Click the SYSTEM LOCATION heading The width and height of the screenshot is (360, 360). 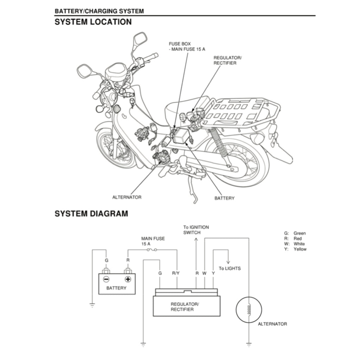(93, 22)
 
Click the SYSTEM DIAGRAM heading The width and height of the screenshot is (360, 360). (91, 213)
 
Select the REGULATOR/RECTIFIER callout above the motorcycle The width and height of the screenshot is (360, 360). (227, 60)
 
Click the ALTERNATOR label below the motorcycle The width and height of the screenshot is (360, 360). (127, 197)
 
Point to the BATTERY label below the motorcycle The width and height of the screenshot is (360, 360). (224, 198)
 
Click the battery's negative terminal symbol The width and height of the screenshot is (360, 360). (106, 279)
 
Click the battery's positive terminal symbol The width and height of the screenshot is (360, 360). (128, 279)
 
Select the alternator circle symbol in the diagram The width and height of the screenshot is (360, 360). (249, 309)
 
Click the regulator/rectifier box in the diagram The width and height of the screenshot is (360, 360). (186, 306)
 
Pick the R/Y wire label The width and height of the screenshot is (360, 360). (176, 273)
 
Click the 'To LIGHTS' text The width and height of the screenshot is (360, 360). (230, 269)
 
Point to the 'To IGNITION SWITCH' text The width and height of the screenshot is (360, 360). (196, 230)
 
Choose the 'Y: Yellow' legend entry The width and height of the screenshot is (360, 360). (295, 249)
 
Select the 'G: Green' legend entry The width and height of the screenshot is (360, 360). (295, 233)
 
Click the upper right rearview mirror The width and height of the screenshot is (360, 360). (140, 39)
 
